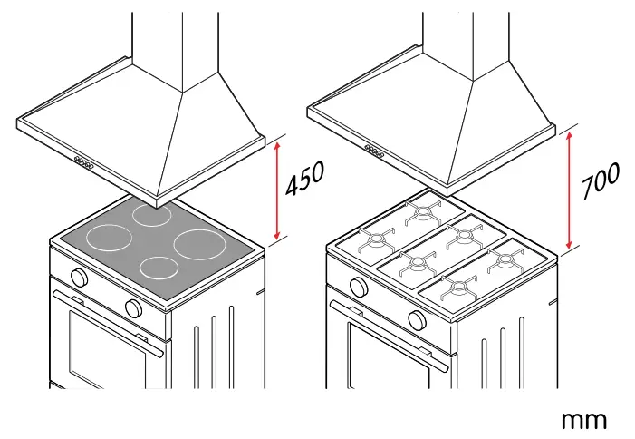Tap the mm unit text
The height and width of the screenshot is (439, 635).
[x=583, y=419]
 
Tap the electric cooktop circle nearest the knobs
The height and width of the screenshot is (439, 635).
[x=160, y=268]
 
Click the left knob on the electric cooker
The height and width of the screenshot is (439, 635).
[x=80, y=277]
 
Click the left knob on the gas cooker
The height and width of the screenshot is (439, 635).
[x=360, y=288]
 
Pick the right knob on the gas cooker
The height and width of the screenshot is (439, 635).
[x=417, y=318]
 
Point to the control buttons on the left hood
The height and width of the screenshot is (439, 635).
[x=83, y=163]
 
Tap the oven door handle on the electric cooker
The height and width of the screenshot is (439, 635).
[x=109, y=317]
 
